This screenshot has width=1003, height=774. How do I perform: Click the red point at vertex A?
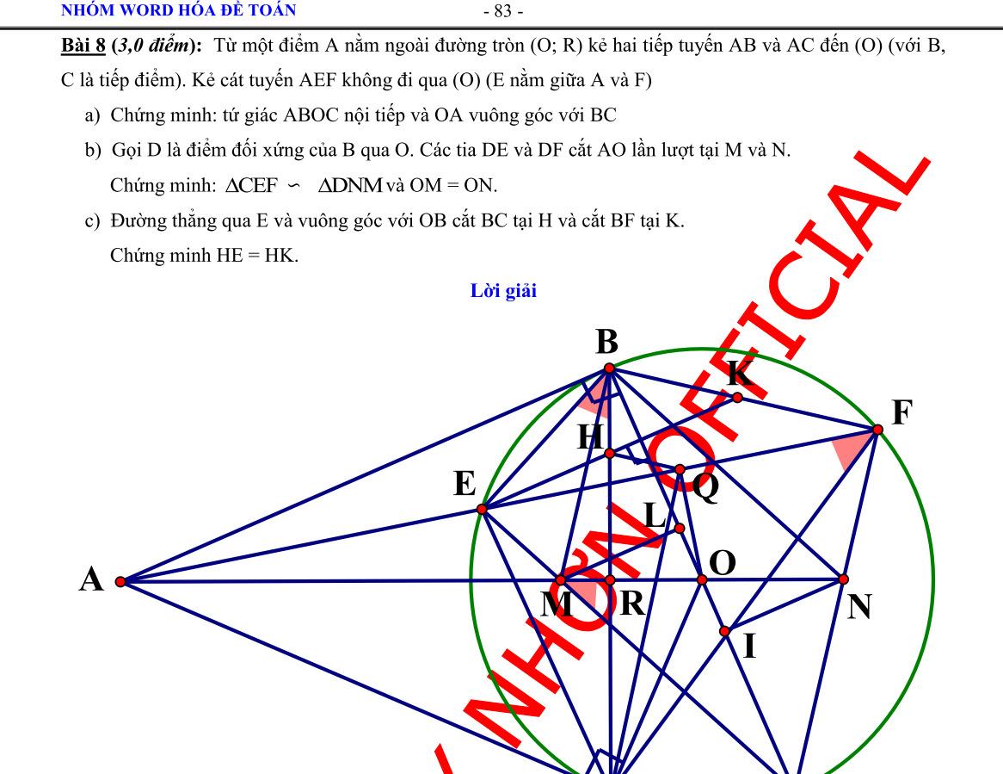click(120, 582)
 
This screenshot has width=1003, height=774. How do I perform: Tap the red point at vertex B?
click(609, 368)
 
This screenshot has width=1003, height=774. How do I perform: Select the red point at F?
click(877, 429)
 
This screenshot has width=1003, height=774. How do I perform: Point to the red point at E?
click(483, 509)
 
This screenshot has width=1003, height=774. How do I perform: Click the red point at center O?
click(702, 580)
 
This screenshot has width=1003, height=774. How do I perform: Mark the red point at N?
click(843, 579)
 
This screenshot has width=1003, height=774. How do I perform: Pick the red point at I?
click(725, 631)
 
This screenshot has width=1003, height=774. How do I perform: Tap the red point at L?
click(679, 528)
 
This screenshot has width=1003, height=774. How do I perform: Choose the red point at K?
click(737, 397)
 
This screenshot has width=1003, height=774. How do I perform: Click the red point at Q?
click(680, 469)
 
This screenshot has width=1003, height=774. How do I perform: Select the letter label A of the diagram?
click(91, 580)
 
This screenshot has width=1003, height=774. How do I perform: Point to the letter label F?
click(901, 413)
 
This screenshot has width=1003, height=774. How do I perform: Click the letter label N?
click(859, 608)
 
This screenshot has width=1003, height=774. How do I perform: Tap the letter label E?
click(465, 486)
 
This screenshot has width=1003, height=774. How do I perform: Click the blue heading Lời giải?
click(503, 291)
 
